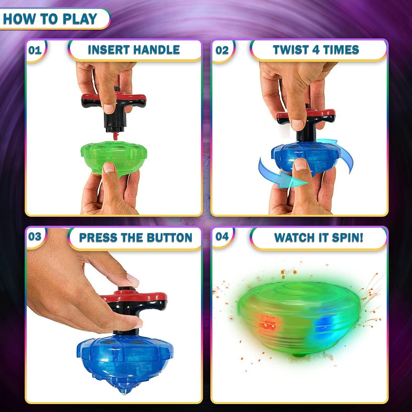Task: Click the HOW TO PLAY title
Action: click(50, 19)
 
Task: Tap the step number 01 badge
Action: click(35, 50)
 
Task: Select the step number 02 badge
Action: click(222, 50)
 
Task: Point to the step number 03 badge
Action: click(35, 236)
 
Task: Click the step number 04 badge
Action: click(222, 236)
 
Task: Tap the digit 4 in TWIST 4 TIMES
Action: click(316, 50)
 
